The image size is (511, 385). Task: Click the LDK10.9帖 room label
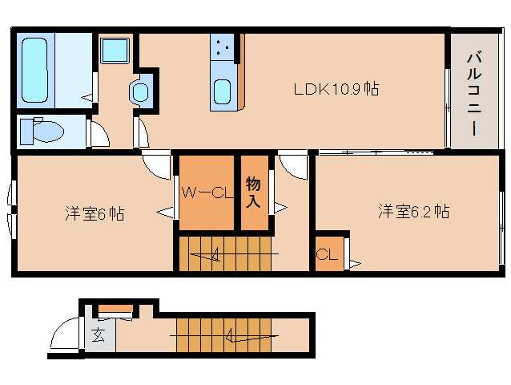(x=336, y=89)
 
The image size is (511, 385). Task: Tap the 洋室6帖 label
(x=95, y=213)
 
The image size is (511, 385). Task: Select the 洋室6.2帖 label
(x=413, y=212)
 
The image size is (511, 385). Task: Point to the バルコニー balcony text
(x=474, y=94)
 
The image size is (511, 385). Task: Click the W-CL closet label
(x=207, y=192)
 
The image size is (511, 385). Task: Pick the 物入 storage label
(x=253, y=192)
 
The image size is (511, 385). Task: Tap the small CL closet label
(x=327, y=254)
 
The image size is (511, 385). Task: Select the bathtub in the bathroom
(x=35, y=70)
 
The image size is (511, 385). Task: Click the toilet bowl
(x=48, y=132)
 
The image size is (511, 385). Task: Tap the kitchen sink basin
(x=222, y=92)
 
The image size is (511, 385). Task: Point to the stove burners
(x=222, y=47)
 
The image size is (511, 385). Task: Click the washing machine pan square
(x=115, y=51)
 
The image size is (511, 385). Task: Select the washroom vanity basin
(x=140, y=92)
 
